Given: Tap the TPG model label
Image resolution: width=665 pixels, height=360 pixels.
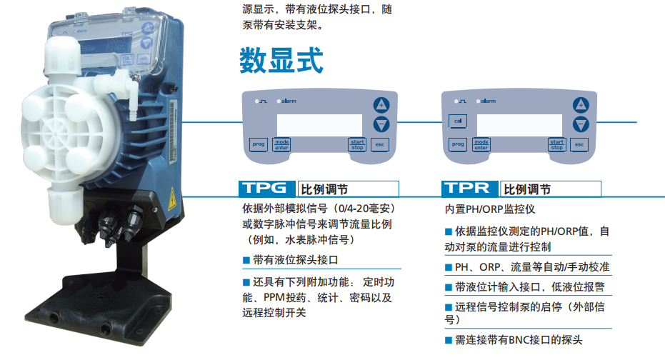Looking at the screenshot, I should click(266, 189).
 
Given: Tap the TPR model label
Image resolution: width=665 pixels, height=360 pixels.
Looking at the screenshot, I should click(469, 189).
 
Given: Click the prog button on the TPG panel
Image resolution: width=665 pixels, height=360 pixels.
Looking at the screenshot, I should click(259, 144).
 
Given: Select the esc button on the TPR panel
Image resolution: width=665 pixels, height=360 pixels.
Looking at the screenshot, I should click(580, 144).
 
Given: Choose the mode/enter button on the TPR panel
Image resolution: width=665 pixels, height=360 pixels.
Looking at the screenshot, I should click(482, 144).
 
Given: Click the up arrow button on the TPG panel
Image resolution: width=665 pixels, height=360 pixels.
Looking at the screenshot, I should click(381, 104).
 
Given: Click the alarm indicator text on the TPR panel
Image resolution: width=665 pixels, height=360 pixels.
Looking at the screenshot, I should click(489, 101).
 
